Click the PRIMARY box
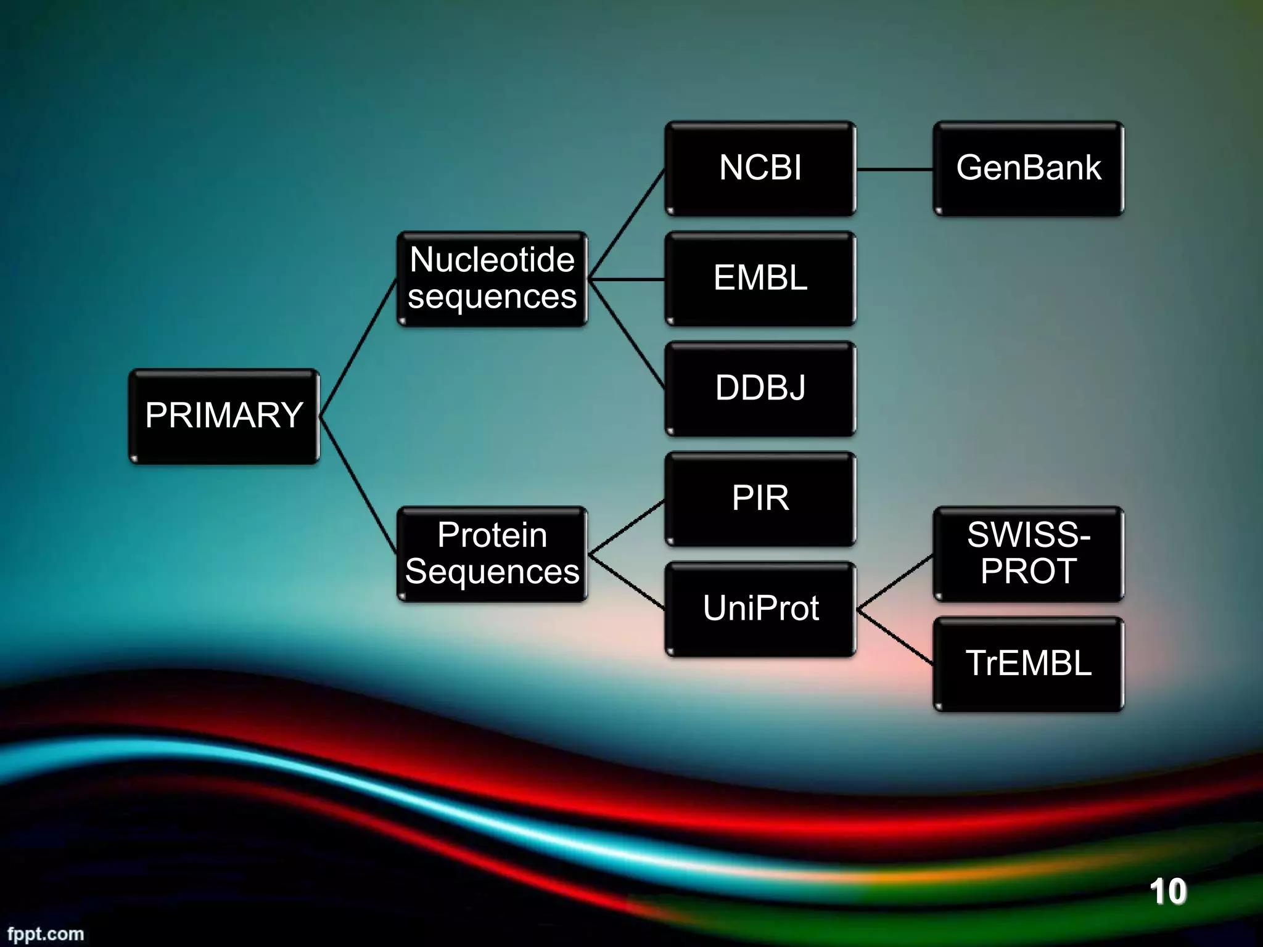pos(224,416)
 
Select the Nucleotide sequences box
pos(492,279)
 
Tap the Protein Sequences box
pos(492,554)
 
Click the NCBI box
pos(760,168)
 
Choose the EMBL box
pos(760,279)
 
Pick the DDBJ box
pos(760,388)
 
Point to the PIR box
pos(760,499)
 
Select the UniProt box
pos(760,609)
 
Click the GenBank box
pos(1028,168)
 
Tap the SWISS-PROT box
pos(1028,554)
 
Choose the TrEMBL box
pos(1028,664)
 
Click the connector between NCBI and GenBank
pos(894,169)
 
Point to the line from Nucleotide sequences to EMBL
pos(626,279)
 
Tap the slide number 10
pos(1167,892)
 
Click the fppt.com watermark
pos(46,933)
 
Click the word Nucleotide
pos(492,260)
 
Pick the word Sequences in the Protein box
pos(492,572)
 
